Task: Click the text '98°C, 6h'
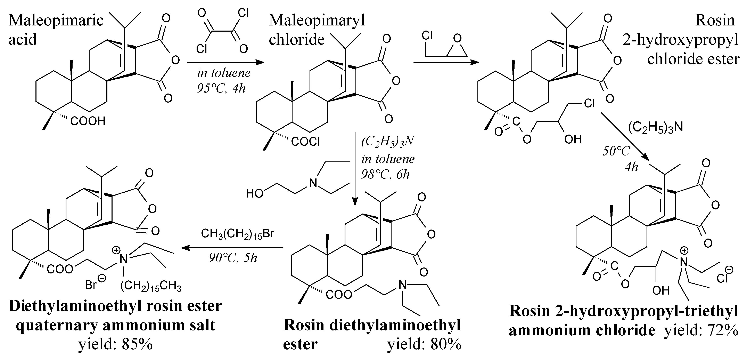pyautogui.click(x=385, y=174)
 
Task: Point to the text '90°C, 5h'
pyautogui.click(x=233, y=258)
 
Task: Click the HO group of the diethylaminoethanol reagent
pyautogui.click(x=254, y=193)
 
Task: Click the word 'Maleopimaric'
pyautogui.click(x=56, y=20)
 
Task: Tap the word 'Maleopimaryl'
pyautogui.click(x=317, y=20)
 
